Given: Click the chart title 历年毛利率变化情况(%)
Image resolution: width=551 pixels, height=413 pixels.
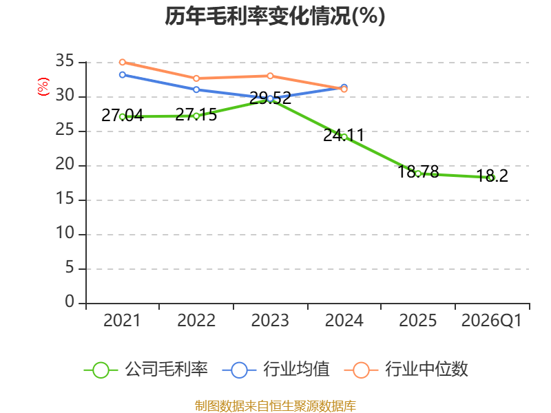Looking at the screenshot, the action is pyautogui.click(x=275, y=16).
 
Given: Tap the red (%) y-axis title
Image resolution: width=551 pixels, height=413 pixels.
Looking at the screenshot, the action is pyautogui.click(x=43, y=87).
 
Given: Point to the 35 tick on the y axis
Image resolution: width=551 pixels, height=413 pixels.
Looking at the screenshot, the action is pyautogui.click(x=65, y=61).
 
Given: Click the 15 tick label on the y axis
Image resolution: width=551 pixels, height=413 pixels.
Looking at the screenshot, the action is pyautogui.click(x=65, y=199).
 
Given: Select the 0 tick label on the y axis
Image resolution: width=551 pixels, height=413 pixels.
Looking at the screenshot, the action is pyautogui.click(x=70, y=301).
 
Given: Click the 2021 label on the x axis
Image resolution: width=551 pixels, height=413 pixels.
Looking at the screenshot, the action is pyautogui.click(x=122, y=320).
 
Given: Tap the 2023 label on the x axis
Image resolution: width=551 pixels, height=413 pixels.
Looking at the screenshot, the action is pyautogui.click(x=270, y=320).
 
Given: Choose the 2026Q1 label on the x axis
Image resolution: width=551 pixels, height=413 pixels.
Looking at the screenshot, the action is pyautogui.click(x=492, y=320).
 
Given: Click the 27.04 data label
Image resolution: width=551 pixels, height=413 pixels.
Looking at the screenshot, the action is pyautogui.click(x=123, y=115).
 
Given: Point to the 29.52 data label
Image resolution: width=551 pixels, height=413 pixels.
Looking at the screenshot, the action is pyautogui.click(x=270, y=98).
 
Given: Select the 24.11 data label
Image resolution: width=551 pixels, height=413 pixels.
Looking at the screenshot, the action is pyautogui.click(x=344, y=135).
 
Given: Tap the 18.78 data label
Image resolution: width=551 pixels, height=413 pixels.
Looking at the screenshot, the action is pyautogui.click(x=418, y=171).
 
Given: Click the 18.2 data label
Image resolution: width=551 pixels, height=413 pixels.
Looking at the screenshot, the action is pyautogui.click(x=492, y=176).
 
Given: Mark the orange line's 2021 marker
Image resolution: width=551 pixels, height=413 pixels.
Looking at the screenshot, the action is pyautogui.click(x=123, y=62).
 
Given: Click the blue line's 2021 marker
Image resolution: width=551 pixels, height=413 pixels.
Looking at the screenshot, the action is pyautogui.click(x=123, y=75).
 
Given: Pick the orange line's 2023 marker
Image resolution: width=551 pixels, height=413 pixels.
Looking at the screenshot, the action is pyautogui.click(x=270, y=76).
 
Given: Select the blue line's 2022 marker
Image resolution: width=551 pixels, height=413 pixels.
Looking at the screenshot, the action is pyautogui.click(x=196, y=89).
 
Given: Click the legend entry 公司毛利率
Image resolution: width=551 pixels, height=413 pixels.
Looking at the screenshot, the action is pyautogui.click(x=146, y=370).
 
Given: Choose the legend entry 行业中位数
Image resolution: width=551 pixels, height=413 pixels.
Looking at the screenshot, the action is pyautogui.click(x=406, y=370).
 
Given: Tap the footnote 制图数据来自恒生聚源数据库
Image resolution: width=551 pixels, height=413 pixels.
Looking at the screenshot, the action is pyautogui.click(x=275, y=406).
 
